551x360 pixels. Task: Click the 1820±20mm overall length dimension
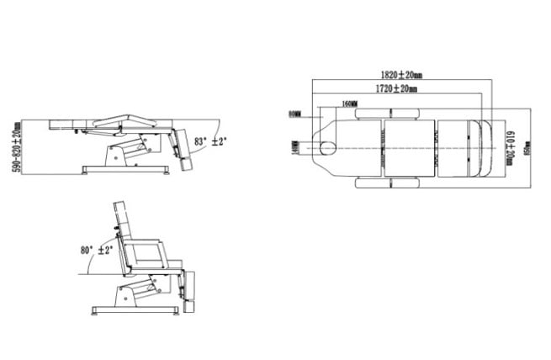401,74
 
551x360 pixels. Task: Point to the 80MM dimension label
294,113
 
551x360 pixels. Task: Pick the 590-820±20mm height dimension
15,148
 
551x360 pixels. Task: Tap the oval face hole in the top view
326,148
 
